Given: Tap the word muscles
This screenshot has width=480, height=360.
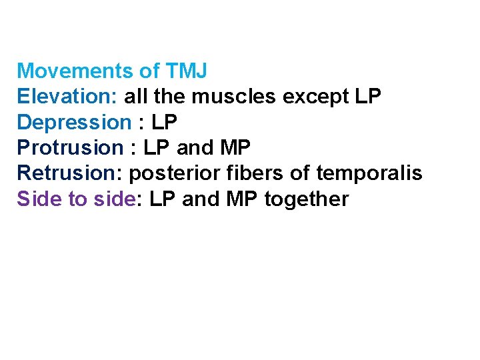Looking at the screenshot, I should pos(234,97).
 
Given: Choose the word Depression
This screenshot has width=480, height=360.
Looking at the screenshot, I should pos(74,123).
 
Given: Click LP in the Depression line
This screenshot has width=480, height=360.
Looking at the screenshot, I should pos(165,123).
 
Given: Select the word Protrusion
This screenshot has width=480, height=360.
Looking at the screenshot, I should pos(70,148).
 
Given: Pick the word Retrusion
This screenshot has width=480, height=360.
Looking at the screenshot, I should pos(66,173).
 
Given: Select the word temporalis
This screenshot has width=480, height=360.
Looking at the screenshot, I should pos(369,173).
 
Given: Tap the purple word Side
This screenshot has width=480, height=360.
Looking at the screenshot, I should pos(39,199).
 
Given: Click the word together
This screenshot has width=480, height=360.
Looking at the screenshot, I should pos(306,199).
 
